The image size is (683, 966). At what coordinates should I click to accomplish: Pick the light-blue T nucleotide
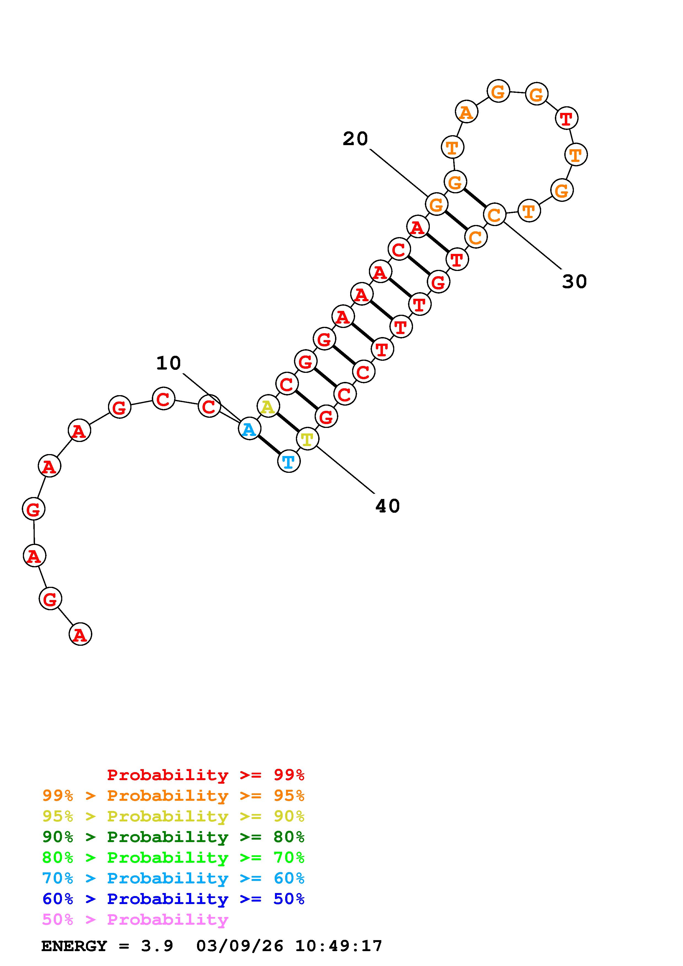point(289,462)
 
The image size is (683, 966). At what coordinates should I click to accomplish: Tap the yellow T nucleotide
point(307,439)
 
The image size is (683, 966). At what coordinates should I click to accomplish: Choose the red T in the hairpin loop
point(566,118)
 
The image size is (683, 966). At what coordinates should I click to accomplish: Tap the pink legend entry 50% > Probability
point(135,919)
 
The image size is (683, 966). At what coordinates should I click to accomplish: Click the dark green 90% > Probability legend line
point(173,837)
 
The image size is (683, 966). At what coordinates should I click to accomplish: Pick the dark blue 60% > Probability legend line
point(173,899)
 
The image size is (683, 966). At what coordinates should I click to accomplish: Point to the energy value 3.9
point(157,946)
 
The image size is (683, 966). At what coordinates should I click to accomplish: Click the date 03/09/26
point(239,946)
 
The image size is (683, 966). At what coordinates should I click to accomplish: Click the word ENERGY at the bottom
point(74,946)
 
